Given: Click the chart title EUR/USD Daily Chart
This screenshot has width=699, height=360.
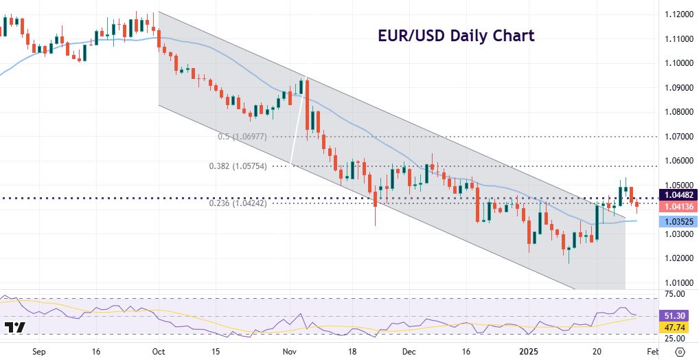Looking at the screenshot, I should [x=456, y=36].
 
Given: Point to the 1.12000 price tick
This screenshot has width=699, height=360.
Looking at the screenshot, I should [x=677, y=14].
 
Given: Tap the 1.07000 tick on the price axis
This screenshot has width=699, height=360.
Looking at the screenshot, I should [x=677, y=137].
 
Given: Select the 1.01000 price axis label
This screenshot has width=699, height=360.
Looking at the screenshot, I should [x=677, y=283].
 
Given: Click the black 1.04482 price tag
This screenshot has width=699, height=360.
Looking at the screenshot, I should [x=677, y=194].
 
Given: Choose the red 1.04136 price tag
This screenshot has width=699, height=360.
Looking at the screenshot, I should [x=677, y=206].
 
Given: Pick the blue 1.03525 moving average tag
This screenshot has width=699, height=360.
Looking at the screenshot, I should [x=677, y=221].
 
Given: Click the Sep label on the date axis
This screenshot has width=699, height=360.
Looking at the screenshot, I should [x=38, y=350].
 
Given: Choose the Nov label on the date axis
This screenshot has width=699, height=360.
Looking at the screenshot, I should [x=288, y=350].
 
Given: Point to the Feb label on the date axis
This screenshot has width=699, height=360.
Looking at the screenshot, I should [x=652, y=350].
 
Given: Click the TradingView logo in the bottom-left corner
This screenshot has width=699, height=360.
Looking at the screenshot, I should [x=15, y=328].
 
